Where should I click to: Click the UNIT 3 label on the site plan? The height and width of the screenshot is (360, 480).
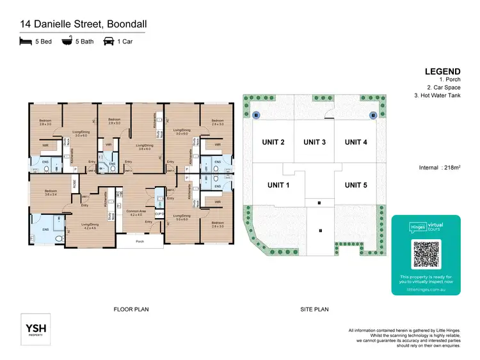pos(315,142)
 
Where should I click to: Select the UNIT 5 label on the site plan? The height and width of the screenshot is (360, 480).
pos(356,185)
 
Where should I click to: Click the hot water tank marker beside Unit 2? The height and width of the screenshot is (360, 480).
pos(255,115)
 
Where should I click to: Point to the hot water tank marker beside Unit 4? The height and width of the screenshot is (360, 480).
pos(374,115)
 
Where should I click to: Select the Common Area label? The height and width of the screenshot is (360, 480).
pos(135,211)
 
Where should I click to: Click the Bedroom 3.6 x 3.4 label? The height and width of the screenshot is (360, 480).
pos(51,192)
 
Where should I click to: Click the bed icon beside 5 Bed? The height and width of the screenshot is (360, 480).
pos(25,42)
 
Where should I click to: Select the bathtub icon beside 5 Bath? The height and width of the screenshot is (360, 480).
pos(66,42)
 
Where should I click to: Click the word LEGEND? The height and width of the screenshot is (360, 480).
pos(442,72)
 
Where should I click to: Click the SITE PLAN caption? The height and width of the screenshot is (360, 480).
pos(314,309)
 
